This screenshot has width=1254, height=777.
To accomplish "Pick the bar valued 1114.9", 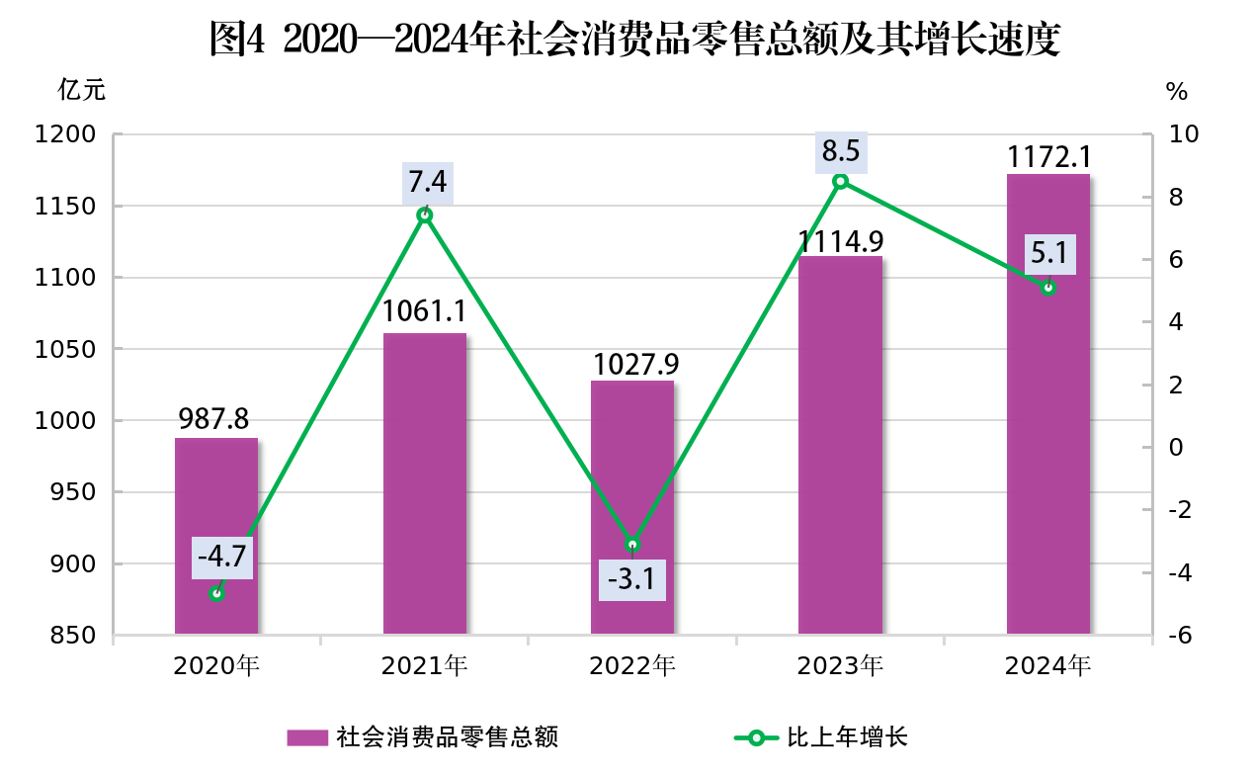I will point(840,445).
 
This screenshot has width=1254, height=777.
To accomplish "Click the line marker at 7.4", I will point(425,216).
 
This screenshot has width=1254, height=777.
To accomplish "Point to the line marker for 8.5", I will point(840,181).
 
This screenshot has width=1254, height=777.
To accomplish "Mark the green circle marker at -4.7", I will point(216,594).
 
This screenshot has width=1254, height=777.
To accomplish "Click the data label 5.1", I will point(1048,254).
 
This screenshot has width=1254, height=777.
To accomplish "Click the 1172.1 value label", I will point(1048,156).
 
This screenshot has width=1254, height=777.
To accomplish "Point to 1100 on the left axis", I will point(67,278).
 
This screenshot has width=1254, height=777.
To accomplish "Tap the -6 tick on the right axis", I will point(1177,636).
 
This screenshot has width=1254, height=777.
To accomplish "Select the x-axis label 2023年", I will point(840,666).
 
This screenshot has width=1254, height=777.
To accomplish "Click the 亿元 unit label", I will point(81,90).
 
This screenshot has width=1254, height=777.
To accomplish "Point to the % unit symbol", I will point(1176,92).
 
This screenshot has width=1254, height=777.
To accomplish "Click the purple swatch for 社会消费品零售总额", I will point(306,737).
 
